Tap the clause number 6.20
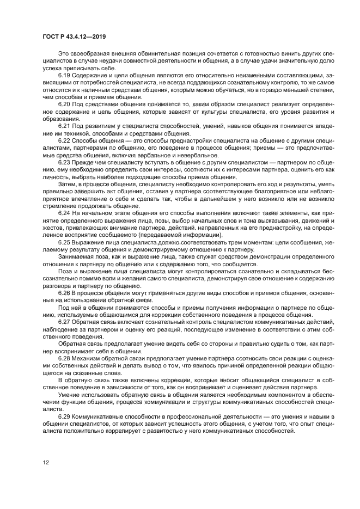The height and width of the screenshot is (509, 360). (x=64, y=103)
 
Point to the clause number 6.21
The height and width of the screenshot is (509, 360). (x=64, y=126)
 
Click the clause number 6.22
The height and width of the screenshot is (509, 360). (x=64, y=140)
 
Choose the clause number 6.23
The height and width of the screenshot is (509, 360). (x=64, y=163)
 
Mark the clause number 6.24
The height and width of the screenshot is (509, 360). (x=64, y=213)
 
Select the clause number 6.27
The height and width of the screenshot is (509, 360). (x=64, y=322)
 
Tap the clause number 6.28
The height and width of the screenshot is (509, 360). (x=64, y=360)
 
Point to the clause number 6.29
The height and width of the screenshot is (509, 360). (x=64, y=416)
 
